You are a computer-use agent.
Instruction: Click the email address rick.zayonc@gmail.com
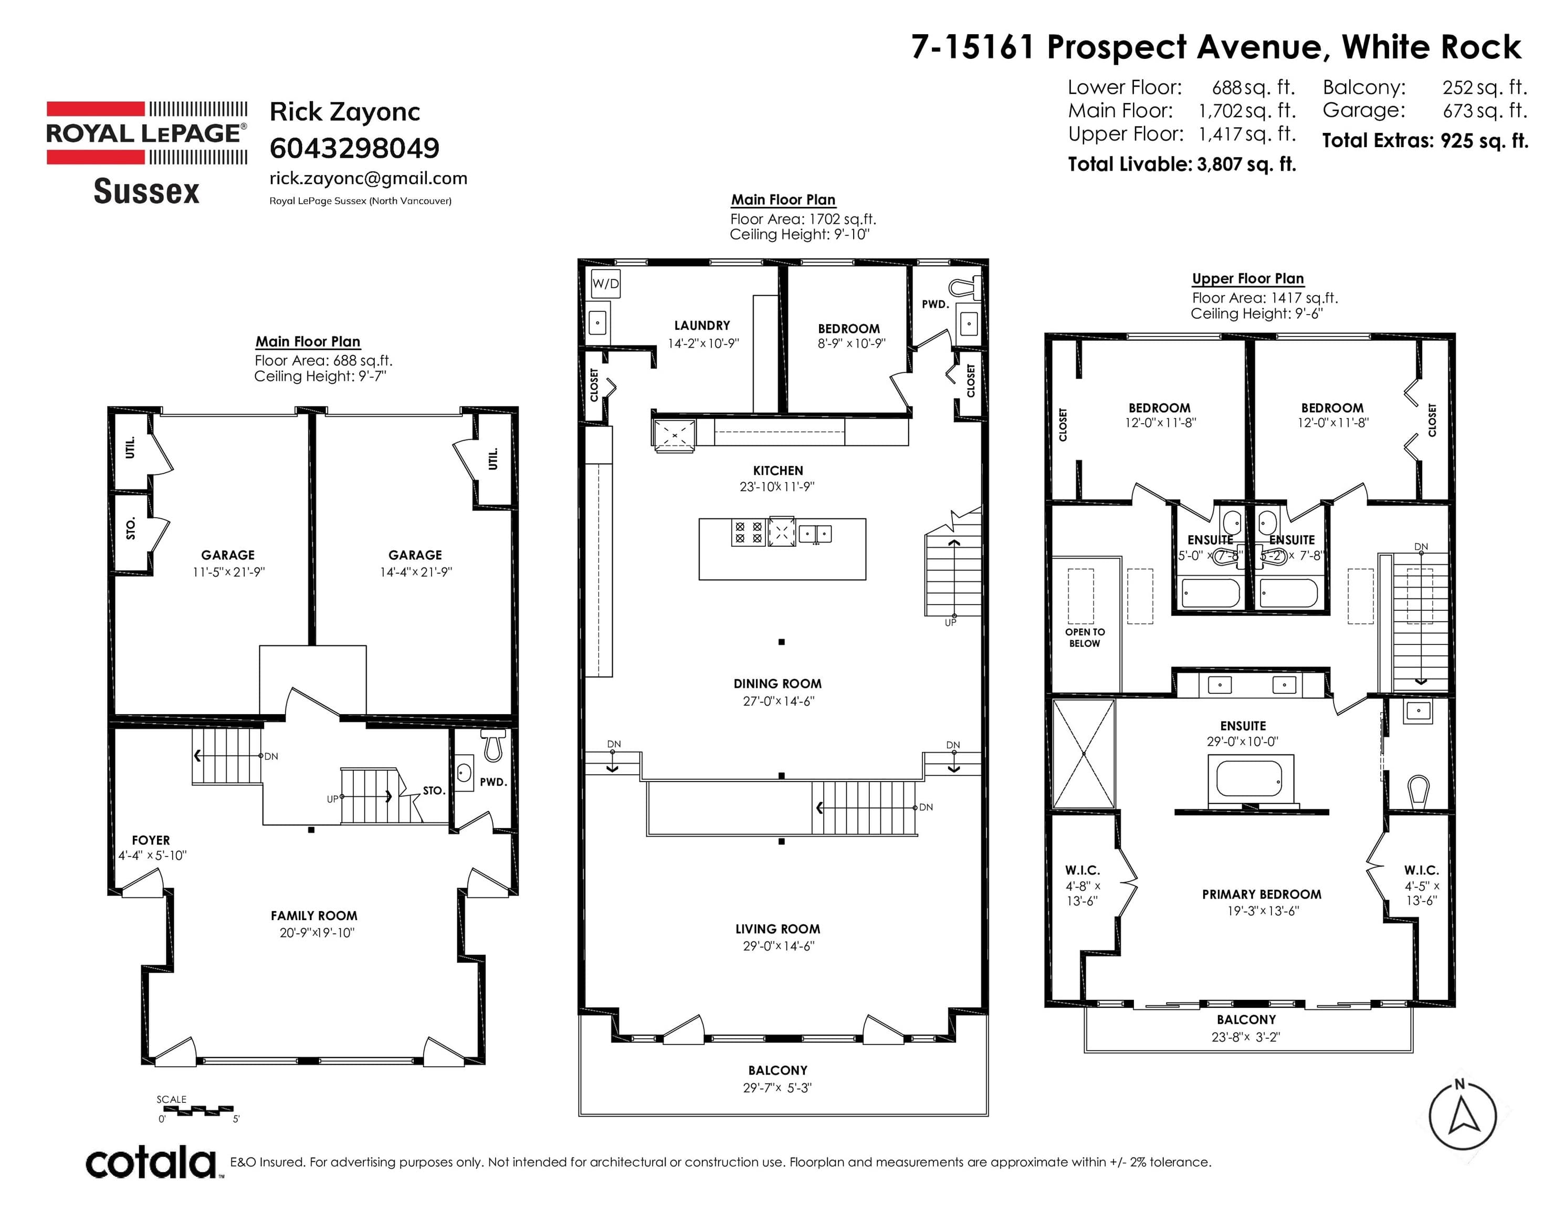point(369,178)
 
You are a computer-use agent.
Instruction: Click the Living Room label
point(778,929)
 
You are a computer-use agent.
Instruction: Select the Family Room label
point(314,915)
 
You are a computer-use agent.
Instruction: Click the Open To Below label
point(1085,637)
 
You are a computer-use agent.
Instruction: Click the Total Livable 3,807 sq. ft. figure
point(1182,164)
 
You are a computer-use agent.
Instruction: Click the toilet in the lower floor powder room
point(493,746)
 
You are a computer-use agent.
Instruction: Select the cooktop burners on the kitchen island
point(748,533)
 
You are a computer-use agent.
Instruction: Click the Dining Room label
point(778,684)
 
